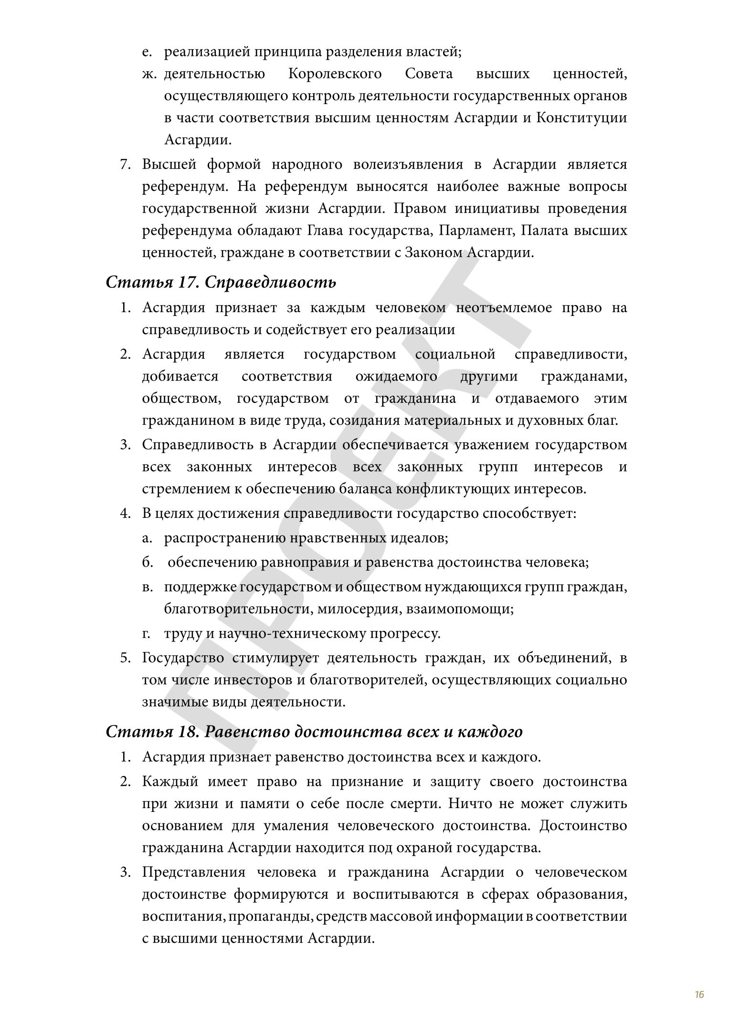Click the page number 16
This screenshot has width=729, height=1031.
click(x=699, y=994)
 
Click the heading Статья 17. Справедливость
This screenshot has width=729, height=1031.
click(x=221, y=282)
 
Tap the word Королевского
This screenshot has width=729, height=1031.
click(x=335, y=74)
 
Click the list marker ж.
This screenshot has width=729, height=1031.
click(x=149, y=74)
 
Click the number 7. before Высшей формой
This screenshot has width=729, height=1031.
click(x=125, y=165)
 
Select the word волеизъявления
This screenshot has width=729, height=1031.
click(x=408, y=165)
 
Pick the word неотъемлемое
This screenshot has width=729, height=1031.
click(x=504, y=308)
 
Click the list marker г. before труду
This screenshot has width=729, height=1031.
click(x=147, y=634)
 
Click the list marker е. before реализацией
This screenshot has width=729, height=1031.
click(x=147, y=52)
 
